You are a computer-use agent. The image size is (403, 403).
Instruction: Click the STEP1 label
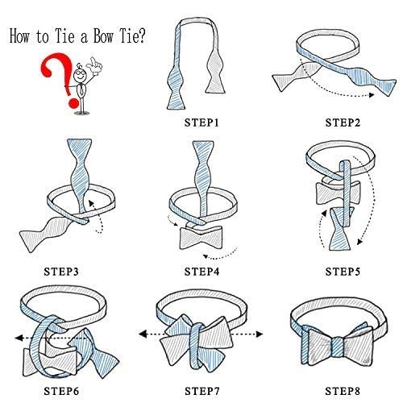coord(201,123)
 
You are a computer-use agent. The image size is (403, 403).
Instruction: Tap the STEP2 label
coord(343,123)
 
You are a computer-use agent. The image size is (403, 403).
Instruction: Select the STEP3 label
coord(61,272)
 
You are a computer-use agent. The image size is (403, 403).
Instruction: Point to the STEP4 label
coord(201,272)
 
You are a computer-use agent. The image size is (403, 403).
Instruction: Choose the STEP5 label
coord(343,272)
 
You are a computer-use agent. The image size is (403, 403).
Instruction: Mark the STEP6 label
coord(61,391)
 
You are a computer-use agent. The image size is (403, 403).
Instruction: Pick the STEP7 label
coord(201,391)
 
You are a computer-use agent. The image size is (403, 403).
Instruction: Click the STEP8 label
coord(343,391)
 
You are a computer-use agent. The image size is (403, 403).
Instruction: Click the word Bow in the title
coord(103,35)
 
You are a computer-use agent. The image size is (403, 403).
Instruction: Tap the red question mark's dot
coord(73,103)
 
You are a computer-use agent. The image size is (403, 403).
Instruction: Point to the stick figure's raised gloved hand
coord(94,64)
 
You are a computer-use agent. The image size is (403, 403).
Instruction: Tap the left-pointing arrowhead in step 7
coord(143,334)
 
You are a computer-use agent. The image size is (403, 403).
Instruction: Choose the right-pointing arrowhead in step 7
coord(260,334)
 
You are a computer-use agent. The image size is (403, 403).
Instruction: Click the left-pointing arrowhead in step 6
coord(19,338)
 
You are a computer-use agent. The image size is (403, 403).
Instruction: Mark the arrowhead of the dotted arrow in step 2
coord(372,95)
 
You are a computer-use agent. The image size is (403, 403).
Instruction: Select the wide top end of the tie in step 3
coord(79,147)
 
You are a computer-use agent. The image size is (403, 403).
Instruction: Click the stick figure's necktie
coord(81,90)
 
